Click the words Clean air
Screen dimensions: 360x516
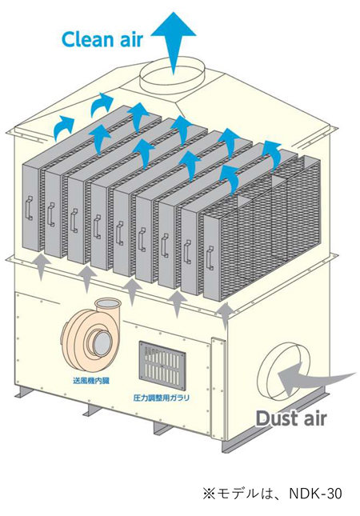pyautogui.click(x=102, y=39)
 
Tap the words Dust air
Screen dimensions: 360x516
pyautogui.click(x=291, y=418)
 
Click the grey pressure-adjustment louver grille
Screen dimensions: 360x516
pyautogui.click(x=162, y=364)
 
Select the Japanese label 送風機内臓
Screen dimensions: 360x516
pyautogui.click(x=91, y=382)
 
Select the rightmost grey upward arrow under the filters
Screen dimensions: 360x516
pyautogui.click(x=226, y=315)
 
